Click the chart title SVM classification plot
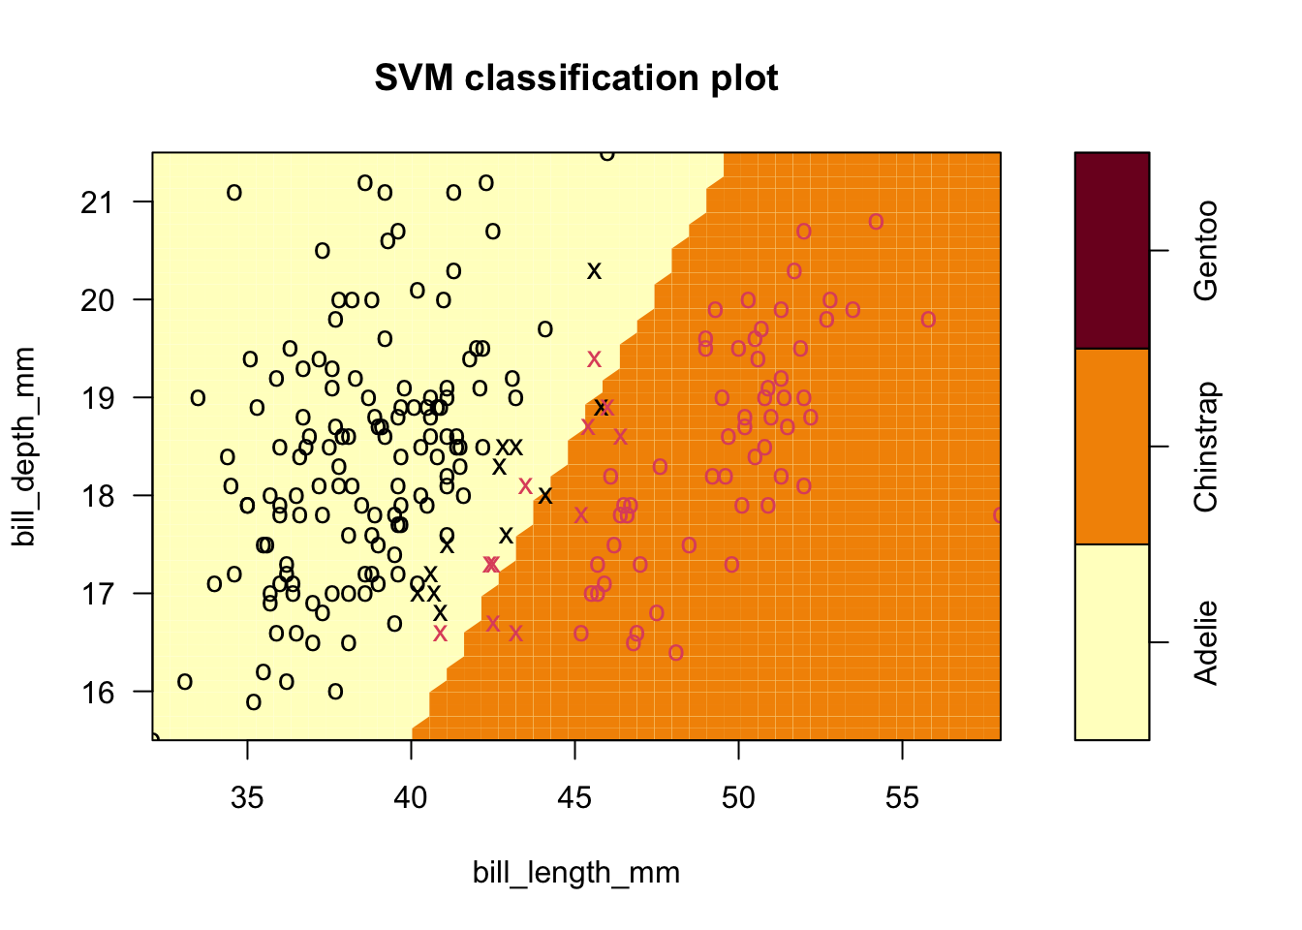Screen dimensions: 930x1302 (x=576, y=77)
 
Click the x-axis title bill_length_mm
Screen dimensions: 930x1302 (x=576, y=873)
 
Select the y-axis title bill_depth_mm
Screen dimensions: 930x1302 (x=25, y=447)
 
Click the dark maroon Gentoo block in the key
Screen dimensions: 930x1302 (x=1112, y=250)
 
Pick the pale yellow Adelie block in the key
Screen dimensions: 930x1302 (x=1112, y=642)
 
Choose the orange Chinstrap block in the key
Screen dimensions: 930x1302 (x=1112, y=447)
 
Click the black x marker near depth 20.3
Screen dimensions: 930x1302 (x=595, y=271)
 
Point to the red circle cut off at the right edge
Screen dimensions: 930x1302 (x=998, y=515)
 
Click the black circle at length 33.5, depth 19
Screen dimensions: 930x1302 (x=198, y=398)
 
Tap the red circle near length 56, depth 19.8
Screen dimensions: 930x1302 (x=928, y=320)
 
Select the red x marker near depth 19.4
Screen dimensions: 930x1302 (x=594, y=359)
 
